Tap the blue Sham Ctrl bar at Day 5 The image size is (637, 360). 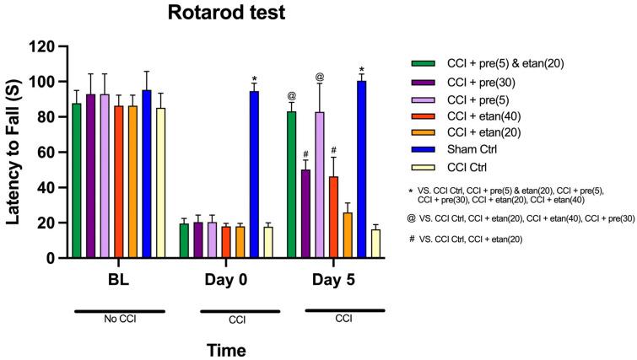click(x=361, y=169)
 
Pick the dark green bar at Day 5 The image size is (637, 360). click(x=291, y=185)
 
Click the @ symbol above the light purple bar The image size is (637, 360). click(x=319, y=78)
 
